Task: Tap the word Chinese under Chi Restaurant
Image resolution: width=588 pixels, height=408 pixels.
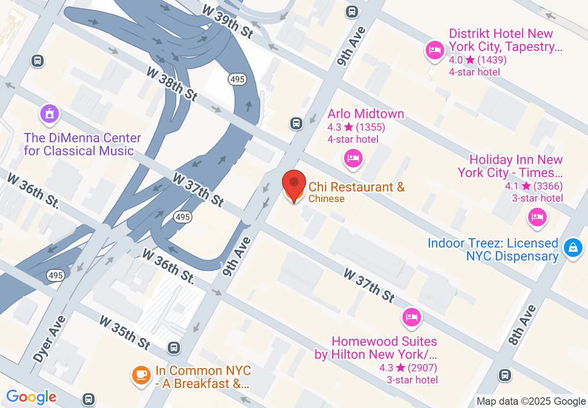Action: coord(326,199)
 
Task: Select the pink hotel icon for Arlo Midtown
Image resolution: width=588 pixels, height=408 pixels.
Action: coord(353,159)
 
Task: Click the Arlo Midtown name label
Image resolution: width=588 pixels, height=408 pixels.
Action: coord(365,114)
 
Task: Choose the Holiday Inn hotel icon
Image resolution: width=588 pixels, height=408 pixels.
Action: coord(537,217)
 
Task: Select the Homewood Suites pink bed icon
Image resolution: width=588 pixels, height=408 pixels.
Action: coord(411,317)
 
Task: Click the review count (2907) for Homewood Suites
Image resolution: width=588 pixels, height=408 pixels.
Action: coord(422,368)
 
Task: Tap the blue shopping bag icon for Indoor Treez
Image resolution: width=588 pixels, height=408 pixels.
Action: coord(573,247)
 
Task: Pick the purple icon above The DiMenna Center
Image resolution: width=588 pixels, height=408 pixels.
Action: coord(49,114)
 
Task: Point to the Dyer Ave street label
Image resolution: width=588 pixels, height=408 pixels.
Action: coord(50,338)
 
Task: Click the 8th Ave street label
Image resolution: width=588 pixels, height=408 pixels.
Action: coord(522,325)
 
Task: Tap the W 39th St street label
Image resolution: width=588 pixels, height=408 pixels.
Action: coord(228,22)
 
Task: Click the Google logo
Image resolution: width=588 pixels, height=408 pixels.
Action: coord(31,397)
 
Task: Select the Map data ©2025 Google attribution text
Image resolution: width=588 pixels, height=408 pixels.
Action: coord(531,402)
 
